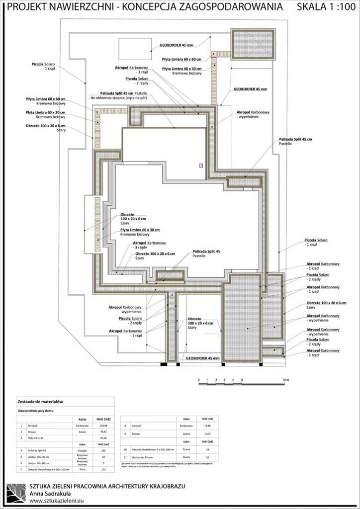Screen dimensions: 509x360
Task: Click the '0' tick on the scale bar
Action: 199,380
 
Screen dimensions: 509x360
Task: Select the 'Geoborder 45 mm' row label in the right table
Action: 144,456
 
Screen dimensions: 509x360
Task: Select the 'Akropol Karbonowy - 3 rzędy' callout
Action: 149,246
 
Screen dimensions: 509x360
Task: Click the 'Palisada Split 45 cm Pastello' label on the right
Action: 295,142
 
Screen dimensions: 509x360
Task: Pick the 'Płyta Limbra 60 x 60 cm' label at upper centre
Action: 182,59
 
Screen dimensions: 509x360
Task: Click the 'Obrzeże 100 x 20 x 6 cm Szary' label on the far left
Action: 46,128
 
